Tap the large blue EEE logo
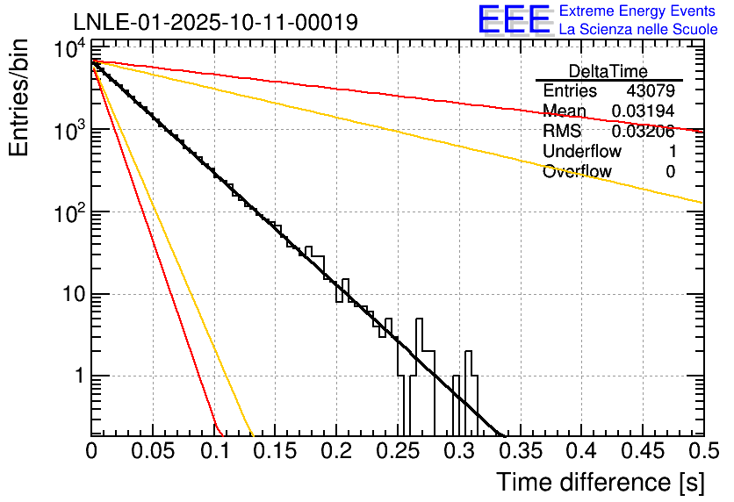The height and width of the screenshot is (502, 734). (x=514, y=20)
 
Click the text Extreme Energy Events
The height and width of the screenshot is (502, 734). (x=638, y=11)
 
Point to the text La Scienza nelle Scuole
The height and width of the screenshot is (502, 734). (x=638, y=30)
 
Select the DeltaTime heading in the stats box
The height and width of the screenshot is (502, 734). (x=608, y=71)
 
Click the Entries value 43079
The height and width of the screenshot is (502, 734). (x=651, y=91)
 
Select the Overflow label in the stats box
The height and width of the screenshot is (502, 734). (x=576, y=172)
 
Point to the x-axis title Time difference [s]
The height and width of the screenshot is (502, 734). (x=600, y=482)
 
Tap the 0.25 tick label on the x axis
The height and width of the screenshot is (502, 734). (x=398, y=452)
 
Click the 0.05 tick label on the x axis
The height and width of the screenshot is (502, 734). (x=153, y=452)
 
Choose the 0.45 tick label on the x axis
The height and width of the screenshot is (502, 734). (x=642, y=452)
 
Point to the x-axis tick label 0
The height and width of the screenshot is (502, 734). (x=91, y=452)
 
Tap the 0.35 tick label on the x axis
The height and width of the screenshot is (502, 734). (x=520, y=452)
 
